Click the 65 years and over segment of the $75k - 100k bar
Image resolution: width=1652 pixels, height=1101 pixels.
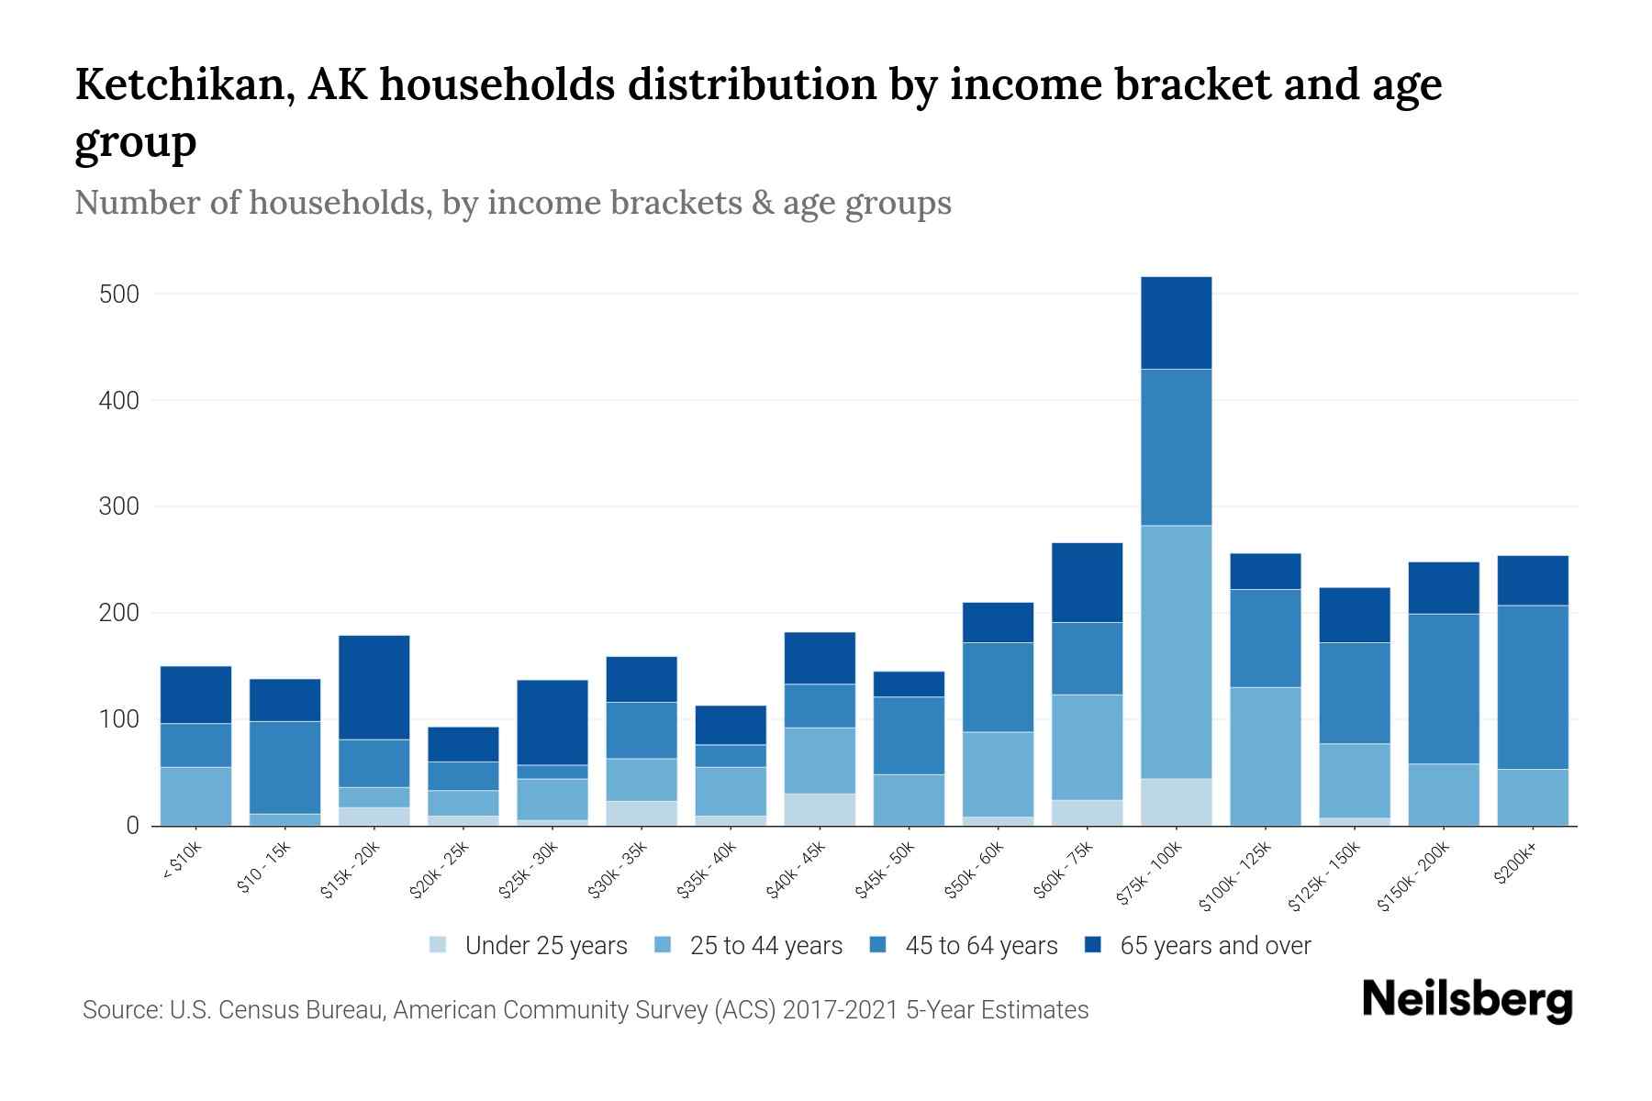pyautogui.click(x=1176, y=323)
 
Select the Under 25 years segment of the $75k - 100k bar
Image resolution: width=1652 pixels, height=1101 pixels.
pyautogui.click(x=1176, y=802)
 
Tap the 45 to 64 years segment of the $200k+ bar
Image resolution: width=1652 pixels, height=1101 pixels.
pyautogui.click(x=1533, y=687)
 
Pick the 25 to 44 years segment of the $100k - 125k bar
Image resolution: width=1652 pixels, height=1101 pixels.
pyautogui.click(x=1265, y=756)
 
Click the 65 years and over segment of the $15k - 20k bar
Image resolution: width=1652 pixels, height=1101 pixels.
pyautogui.click(x=374, y=687)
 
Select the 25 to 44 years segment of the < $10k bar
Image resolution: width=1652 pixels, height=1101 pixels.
pyautogui.click(x=195, y=795)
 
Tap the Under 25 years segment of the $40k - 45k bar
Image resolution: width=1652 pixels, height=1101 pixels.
pyautogui.click(x=820, y=809)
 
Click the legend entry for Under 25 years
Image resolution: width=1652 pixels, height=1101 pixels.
pyautogui.click(x=545, y=946)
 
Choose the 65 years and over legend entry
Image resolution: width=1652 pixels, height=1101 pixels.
pyautogui.click(x=1214, y=946)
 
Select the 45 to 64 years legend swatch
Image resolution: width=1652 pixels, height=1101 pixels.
pyautogui.click(x=877, y=945)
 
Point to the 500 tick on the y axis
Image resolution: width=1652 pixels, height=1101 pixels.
pyautogui.click(x=118, y=295)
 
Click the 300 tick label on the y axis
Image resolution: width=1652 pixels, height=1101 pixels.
pyautogui.click(x=118, y=506)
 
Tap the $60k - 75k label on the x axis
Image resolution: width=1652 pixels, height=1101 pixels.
pyautogui.click(x=1066, y=868)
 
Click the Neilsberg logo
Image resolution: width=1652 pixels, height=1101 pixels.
pyautogui.click(x=1467, y=999)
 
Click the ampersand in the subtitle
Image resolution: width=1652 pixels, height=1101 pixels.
pyautogui.click(x=761, y=203)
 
